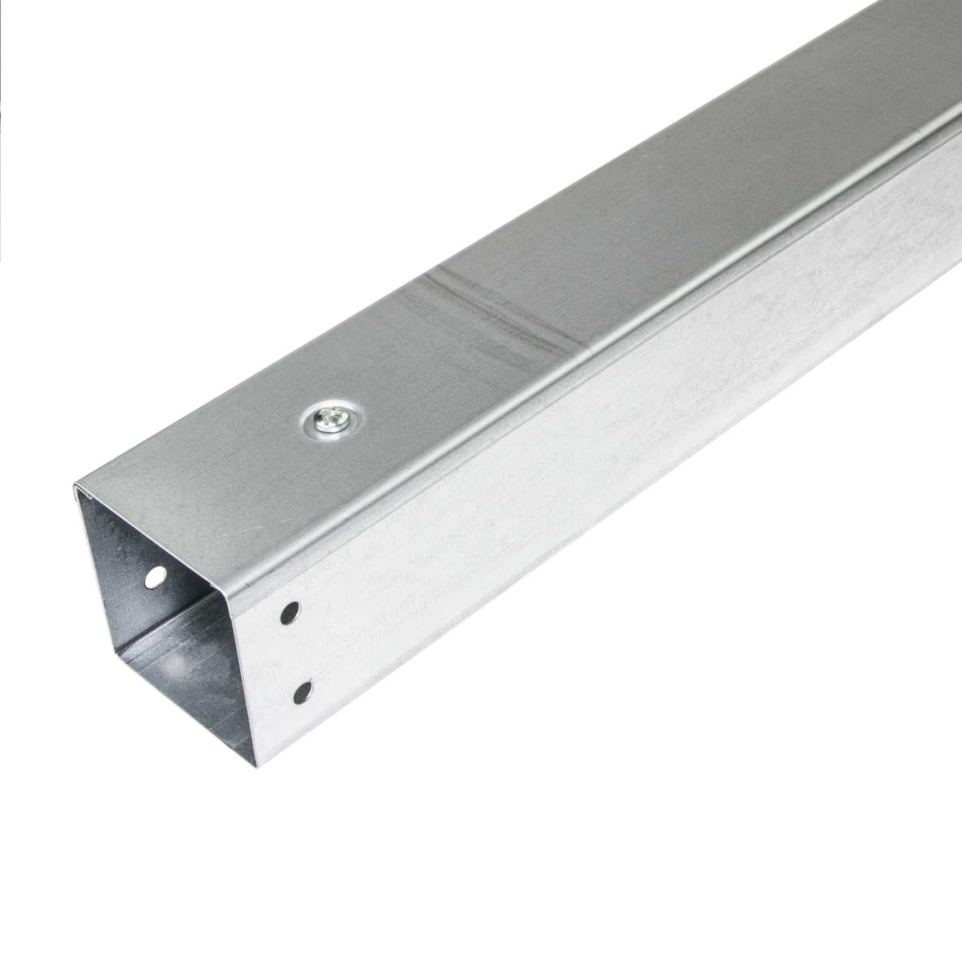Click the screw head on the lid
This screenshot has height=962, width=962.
[330, 420]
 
